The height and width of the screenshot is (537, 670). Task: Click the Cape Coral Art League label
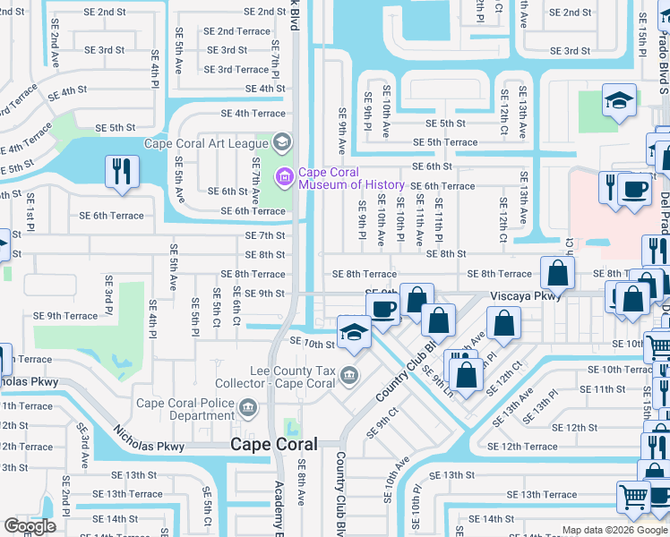[207, 142]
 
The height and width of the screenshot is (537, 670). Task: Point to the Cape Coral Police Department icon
[252, 409]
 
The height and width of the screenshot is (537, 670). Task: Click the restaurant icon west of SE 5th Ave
[121, 172]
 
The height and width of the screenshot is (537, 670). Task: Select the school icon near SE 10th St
[354, 332]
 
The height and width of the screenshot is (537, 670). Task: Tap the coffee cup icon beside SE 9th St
[382, 310]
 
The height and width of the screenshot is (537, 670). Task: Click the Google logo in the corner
[30, 526]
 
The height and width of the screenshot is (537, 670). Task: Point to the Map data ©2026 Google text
[614, 530]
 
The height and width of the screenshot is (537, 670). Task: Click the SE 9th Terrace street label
[65, 315]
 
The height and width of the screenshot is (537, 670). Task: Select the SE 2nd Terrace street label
[236, 31]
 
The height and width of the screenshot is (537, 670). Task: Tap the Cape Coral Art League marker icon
[282, 142]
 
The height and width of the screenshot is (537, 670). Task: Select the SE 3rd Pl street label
[107, 301]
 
